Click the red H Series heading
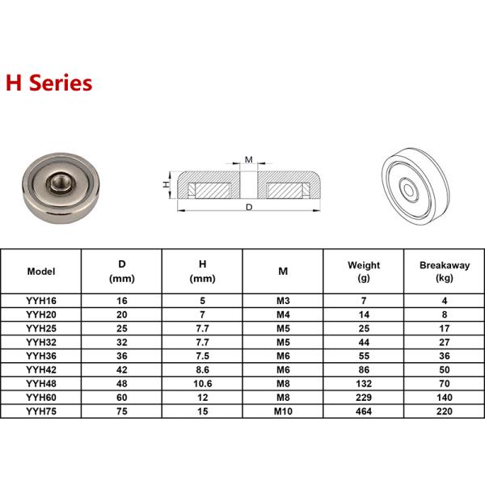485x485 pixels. click(x=49, y=83)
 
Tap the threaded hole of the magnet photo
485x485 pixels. click(x=60, y=183)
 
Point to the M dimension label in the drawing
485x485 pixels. click(x=249, y=159)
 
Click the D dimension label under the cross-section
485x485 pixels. click(x=249, y=207)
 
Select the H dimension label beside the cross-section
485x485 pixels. click(x=166, y=184)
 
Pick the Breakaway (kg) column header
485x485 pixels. click(x=445, y=272)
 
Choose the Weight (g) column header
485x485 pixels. click(x=364, y=272)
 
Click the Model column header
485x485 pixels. click(x=41, y=272)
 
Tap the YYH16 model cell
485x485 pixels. click(x=41, y=301)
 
